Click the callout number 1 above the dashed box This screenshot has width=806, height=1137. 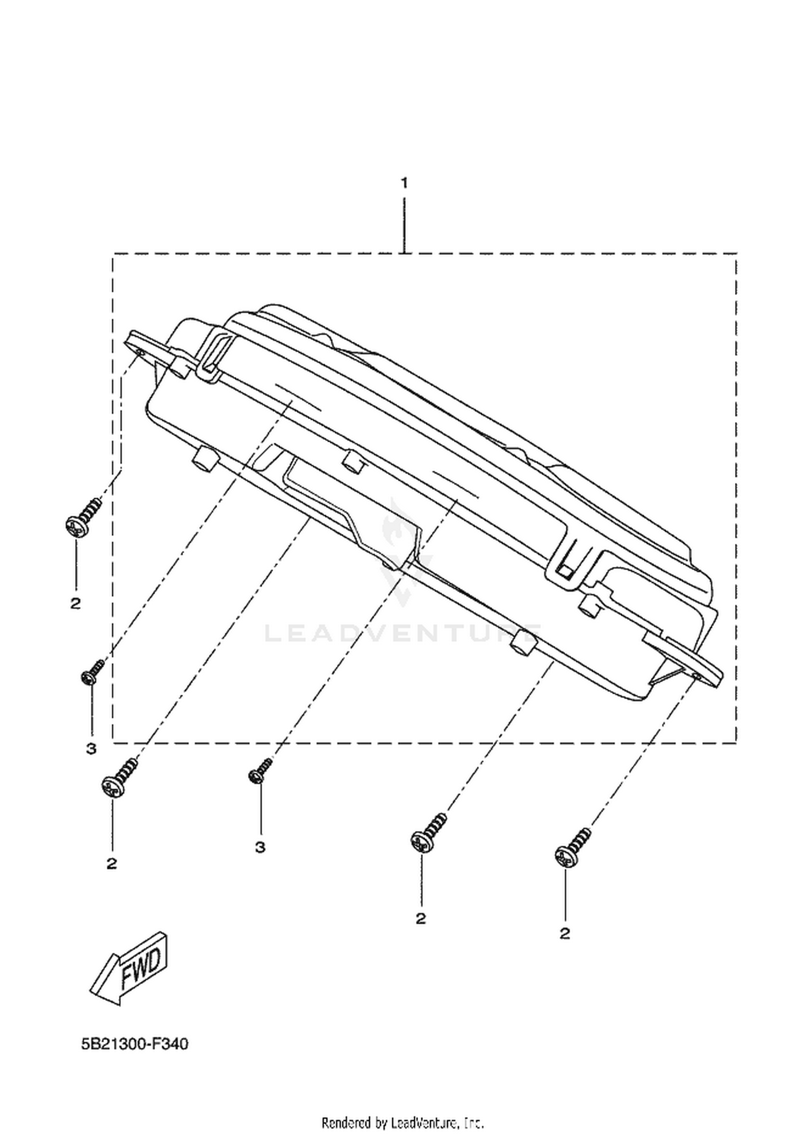click(x=404, y=183)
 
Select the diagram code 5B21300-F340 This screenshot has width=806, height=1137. click(x=135, y=1044)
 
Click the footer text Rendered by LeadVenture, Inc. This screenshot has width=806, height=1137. click(x=403, y=1122)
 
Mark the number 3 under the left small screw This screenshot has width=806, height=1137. click(x=91, y=748)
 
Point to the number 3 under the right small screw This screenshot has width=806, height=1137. click(x=260, y=847)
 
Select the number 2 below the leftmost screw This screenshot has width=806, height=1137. click(x=75, y=603)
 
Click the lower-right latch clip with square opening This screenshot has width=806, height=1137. click(x=571, y=564)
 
